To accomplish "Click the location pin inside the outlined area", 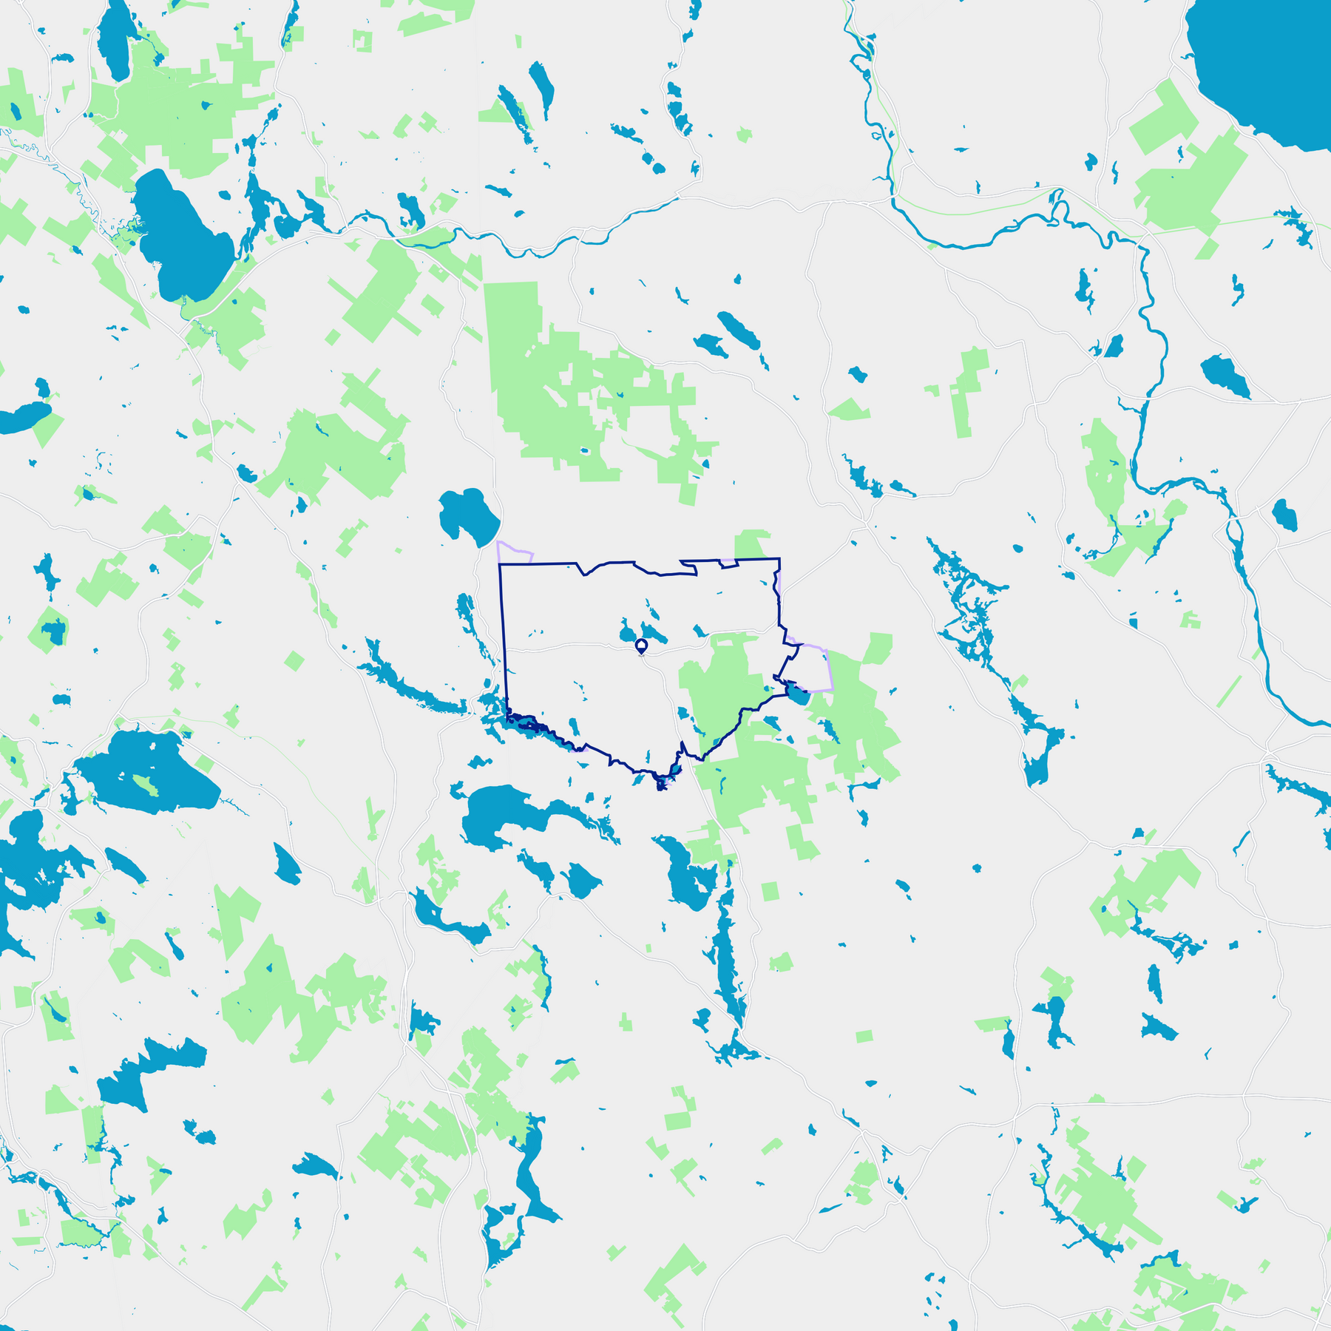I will pos(641,646).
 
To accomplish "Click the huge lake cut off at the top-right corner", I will pos(1264,67).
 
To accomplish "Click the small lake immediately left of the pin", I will pos(627,632).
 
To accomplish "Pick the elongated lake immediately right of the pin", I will pos(654,633).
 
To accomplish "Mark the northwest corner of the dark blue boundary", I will pos(501,565).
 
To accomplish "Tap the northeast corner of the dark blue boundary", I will pos(779,560).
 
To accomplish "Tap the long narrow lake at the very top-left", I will pos(115,41).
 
